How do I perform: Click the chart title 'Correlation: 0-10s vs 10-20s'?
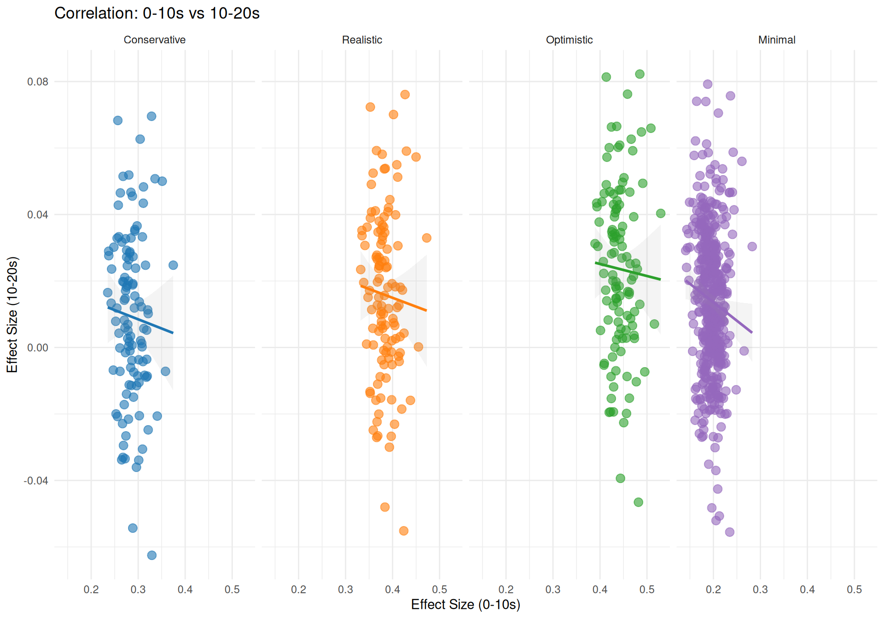(157, 13)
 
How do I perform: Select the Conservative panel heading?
(154, 40)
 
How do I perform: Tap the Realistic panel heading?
(362, 40)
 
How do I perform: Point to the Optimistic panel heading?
(569, 40)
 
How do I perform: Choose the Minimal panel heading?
(777, 40)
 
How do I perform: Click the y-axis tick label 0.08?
(38, 82)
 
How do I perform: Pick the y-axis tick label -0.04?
(36, 481)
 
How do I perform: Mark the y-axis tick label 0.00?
(38, 348)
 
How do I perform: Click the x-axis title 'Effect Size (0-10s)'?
(465, 605)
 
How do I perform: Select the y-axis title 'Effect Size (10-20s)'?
(12, 315)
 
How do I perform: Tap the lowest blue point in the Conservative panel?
(151, 555)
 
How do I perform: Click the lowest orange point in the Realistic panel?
(403, 531)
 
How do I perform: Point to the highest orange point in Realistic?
(405, 94)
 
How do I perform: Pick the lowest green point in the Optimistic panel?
(638, 502)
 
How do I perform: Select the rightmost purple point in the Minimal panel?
(752, 246)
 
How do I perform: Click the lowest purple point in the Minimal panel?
(729, 532)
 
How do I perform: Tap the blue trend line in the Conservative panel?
(140, 320)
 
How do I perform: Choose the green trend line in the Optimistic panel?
(628, 271)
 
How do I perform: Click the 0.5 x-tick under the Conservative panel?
(232, 590)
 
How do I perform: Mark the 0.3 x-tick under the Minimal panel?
(761, 590)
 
